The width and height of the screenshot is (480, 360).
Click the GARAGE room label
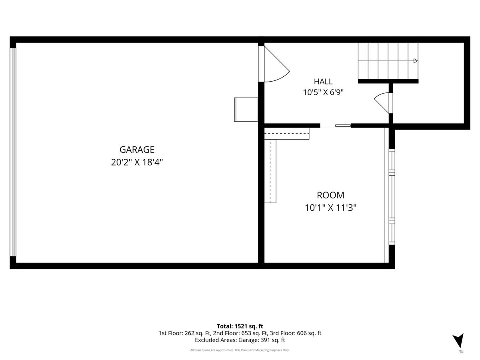[137, 150]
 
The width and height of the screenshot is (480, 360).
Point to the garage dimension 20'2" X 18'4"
[137, 162]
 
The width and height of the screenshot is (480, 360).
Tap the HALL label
[323, 82]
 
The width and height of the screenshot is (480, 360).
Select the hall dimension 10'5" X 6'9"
[323, 92]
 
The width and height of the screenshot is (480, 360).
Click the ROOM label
[330, 195]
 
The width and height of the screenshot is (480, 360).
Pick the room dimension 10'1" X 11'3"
[330, 208]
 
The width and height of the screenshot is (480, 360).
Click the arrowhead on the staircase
[416, 61]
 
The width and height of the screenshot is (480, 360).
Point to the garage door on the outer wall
[13, 152]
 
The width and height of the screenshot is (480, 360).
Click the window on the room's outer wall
[392, 197]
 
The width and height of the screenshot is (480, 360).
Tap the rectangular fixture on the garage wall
[246, 110]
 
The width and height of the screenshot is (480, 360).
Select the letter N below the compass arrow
[461, 352]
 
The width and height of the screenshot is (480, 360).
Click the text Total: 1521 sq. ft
[240, 326]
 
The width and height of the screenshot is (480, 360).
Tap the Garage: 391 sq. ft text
[262, 340]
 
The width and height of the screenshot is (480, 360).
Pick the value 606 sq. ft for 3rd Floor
[309, 333]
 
